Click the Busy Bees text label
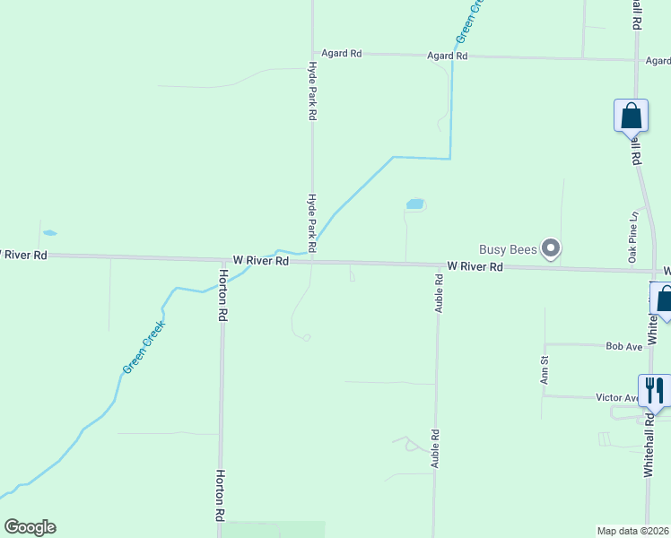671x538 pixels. pos(507,248)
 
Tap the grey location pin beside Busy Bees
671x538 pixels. pos(552,248)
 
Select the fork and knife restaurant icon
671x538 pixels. pos(655,390)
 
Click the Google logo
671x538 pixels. pos(30,527)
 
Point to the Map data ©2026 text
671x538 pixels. pos(633,530)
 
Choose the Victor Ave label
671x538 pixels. pos(617,397)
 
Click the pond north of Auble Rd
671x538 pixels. pos(414,204)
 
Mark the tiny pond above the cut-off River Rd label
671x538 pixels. pos(49,233)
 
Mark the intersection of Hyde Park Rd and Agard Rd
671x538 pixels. pos(312,54)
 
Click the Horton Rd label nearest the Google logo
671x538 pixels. pos(218,495)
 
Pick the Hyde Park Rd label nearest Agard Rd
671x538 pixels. pos(312,91)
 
